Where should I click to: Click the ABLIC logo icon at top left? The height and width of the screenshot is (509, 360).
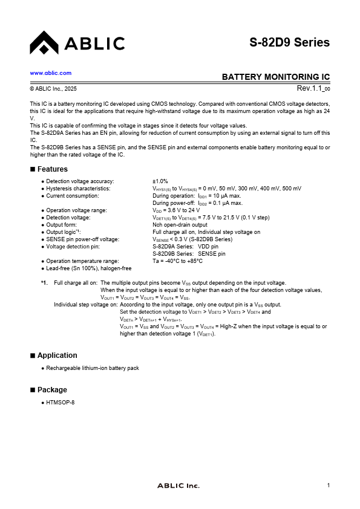[x=43, y=42]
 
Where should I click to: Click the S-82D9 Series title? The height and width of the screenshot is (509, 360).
[x=289, y=42]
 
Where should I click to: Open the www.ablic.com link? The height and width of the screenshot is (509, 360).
[x=51, y=73]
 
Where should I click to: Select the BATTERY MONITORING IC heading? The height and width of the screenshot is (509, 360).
[x=275, y=77]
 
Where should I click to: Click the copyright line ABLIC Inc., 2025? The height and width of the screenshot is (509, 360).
[x=53, y=89]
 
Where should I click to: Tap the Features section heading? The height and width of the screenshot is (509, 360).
[x=52, y=169]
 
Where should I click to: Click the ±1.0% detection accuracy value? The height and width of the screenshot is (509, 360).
[x=160, y=181]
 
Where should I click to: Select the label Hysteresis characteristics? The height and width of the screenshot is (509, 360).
[x=78, y=189]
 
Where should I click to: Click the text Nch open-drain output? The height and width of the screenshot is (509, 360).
[x=180, y=225]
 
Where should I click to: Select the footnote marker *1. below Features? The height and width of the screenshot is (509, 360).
[x=44, y=283]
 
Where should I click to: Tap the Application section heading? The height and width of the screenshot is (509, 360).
[x=57, y=355]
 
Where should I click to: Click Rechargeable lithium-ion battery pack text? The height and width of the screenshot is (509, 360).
[x=92, y=368]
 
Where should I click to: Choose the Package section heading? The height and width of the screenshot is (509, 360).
[x=52, y=390]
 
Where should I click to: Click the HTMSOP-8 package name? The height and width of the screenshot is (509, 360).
[x=61, y=403]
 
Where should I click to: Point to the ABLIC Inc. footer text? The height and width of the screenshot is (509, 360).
[x=178, y=486]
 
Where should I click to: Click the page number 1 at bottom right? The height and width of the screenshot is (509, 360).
[x=328, y=486]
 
